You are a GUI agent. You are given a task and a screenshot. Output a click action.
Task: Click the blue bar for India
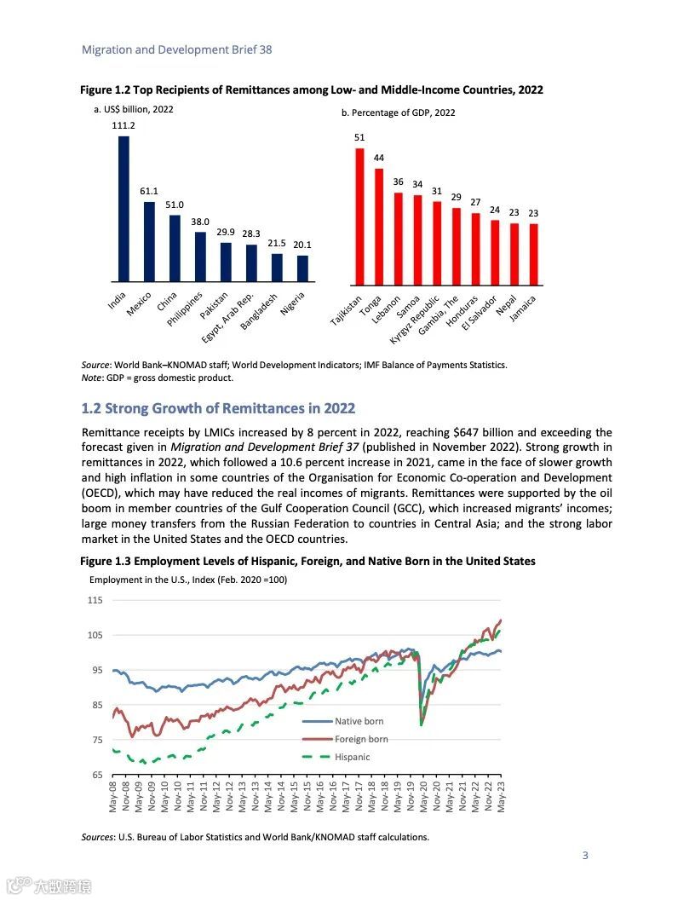click(x=123, y=209)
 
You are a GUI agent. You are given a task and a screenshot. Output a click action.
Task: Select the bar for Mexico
click(x=149, y=241)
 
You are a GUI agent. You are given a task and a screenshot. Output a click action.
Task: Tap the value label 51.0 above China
click(x=175, y=205)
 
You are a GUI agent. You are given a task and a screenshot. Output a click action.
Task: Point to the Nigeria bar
click(x=302, y=268)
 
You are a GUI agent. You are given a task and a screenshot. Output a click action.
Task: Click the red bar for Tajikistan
click(x=359, y=216)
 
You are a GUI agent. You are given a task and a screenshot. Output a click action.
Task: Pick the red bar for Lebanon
click(x=398, y=239)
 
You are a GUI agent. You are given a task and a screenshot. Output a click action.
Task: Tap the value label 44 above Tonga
click(x=379, y=158)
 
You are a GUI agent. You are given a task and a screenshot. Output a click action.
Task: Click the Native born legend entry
click(x=359, y=722)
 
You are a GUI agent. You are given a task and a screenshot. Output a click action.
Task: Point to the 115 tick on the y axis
click(x=94, y=601)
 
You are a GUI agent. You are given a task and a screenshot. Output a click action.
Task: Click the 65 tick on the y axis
click(x=96, y=775)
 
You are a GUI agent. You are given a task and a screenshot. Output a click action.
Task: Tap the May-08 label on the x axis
click(x=114, y=797)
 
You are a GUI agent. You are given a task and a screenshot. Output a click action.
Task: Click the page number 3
click(x=585, y=856)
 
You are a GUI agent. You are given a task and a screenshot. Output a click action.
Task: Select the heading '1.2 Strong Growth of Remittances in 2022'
click(x=217, y=408)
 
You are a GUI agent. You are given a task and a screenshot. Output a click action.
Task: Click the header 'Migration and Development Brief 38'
click(x=176, y=49)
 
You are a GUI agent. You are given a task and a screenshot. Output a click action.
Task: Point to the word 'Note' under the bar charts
click(x=92, y=378)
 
